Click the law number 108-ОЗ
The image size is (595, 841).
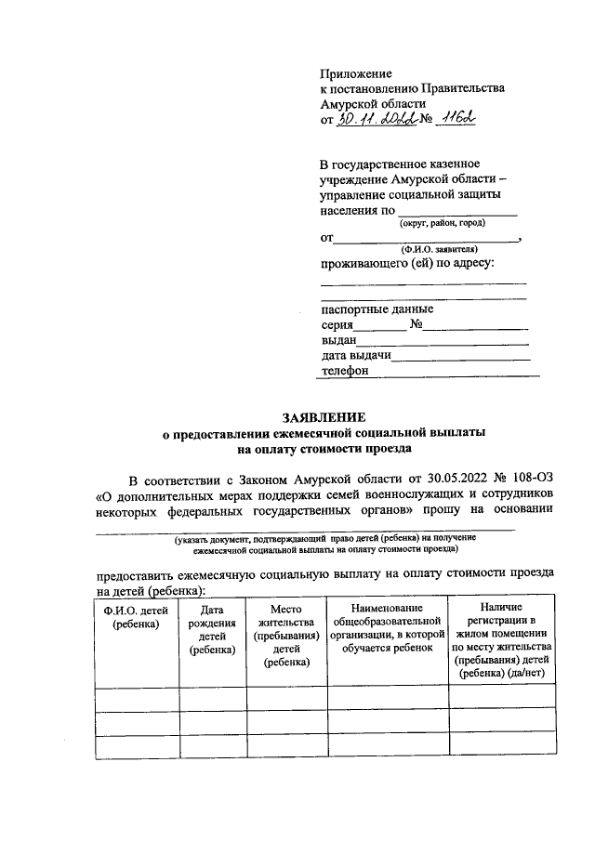[x=528, y=480]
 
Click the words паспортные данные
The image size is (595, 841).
[x=377, y=309]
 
